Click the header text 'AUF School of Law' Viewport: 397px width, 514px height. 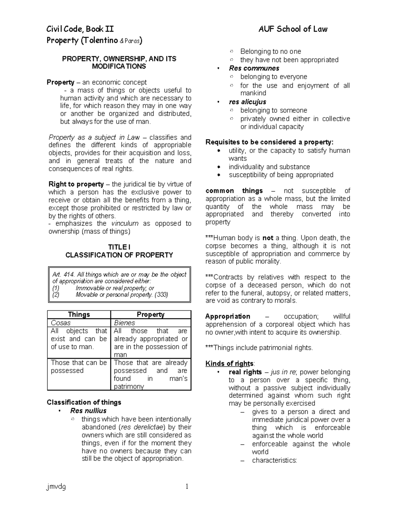(x=293, y=29)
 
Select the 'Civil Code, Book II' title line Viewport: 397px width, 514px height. (x=80, y=29)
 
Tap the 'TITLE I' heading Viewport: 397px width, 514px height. (x=119, y=247)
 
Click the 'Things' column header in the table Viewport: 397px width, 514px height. (x=79, y=314)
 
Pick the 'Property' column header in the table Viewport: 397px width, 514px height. (x=151, y=314)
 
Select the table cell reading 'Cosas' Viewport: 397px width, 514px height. (x=61, y=323)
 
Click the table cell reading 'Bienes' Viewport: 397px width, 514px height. (x=124, y=323)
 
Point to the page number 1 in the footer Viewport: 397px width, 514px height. (x=187, y=486)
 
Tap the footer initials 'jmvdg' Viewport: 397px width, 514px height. (x=56, y=487)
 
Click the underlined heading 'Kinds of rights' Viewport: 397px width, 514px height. (x=230, y=363)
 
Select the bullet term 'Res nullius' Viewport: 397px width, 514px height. (x=88, y=411)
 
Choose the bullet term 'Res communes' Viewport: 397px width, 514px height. (x=254, y=68)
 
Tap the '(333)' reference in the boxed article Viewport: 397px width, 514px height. (x=161, y=295)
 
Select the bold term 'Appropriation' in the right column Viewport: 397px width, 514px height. (x=228, y=316)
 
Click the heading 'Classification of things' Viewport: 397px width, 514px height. (x=84, y=402)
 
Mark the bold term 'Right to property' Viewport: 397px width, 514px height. (x=76, y=184)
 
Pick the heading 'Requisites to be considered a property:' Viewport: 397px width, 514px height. (x=269, y=142)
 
